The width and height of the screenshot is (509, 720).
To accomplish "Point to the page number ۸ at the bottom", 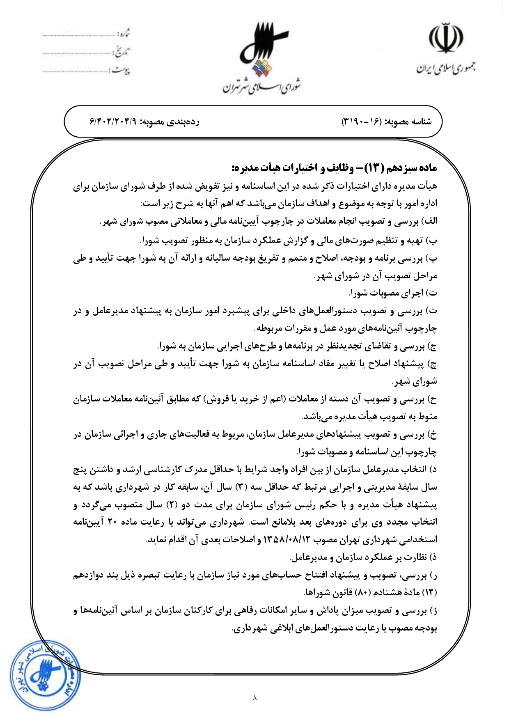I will click(x=254, y=697).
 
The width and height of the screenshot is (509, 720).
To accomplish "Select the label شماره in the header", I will click(x=123, y=33).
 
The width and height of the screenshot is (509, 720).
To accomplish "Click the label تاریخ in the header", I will click(x=122, y=52).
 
